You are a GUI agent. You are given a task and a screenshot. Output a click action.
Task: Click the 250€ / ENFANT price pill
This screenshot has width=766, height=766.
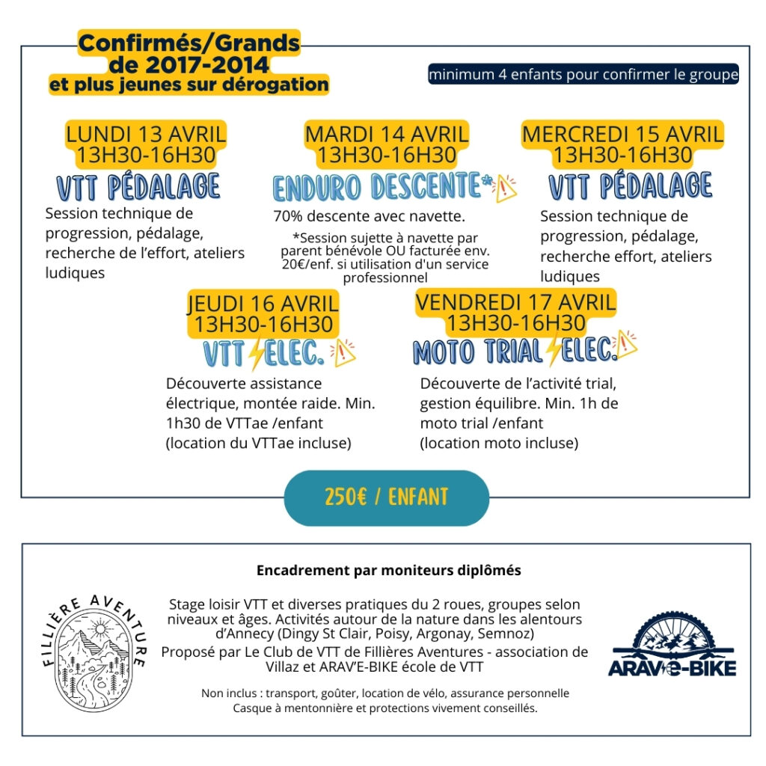click(x=386, y=497)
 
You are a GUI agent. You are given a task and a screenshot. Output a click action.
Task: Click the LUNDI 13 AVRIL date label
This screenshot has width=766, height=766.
click(x=146, y=135)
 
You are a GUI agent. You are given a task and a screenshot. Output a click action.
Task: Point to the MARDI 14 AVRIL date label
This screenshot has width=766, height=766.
click(x=387, y=135)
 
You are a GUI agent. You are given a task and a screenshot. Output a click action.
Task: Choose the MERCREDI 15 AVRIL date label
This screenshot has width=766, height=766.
click(x=622, y=135)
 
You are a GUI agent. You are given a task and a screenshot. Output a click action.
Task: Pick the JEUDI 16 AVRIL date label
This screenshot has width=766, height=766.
click(x=263, y=304)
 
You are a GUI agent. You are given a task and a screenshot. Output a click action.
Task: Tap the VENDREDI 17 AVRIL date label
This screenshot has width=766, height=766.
click(x=515, y=303)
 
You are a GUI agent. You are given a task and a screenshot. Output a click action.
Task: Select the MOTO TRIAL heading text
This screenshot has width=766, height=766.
click(x=477, y=352)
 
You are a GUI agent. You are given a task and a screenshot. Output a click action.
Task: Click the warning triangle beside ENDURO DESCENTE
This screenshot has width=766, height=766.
click(x=506, y=189)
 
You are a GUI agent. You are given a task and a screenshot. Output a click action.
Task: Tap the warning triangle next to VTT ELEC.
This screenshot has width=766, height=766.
click(x=345, y=350)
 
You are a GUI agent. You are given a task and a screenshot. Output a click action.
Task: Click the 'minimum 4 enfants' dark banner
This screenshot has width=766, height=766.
click(x=583, y=75)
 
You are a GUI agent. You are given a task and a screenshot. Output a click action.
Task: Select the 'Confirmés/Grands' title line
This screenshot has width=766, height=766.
click(x=189, y=43)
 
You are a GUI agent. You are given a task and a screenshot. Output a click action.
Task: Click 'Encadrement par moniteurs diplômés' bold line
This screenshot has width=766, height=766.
click(x=388, y=571)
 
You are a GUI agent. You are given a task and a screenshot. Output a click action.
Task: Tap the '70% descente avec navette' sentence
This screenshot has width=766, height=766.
click(x=369, y=217)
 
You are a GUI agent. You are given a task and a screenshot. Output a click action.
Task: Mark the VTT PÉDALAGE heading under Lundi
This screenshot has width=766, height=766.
click(x=140, y=187)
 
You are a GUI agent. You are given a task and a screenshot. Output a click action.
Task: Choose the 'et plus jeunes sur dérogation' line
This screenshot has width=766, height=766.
click(x=189, y=85)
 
